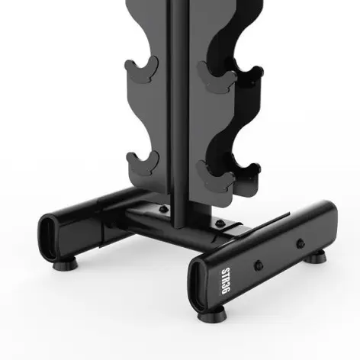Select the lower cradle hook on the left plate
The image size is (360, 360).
click(143, 162)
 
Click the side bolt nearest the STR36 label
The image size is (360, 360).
click(259, 264)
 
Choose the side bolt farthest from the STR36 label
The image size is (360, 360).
click(297, 245)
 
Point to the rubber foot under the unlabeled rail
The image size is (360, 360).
click(59, 266)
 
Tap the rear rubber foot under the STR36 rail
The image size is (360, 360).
click(316, 257)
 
